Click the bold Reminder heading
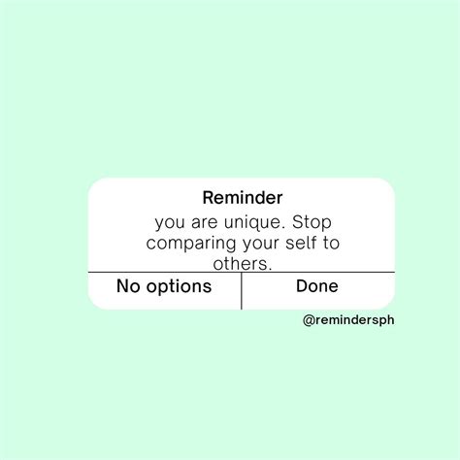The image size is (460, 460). (243, 197)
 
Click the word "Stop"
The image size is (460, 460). (312, 223)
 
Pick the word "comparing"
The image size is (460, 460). (191, 245)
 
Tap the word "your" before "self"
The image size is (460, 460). (260, 245)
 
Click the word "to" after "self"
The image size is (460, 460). (331, 244)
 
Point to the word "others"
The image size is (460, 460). (240, 263)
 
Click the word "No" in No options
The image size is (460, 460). (128, 286)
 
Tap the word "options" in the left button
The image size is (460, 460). (179, 287)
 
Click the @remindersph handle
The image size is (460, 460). (348, 320)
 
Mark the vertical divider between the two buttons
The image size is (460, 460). (242, 291)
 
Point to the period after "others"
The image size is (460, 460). (270, 269)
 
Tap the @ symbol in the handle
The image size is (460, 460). (309, 320)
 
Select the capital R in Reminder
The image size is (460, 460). (208, 198)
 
